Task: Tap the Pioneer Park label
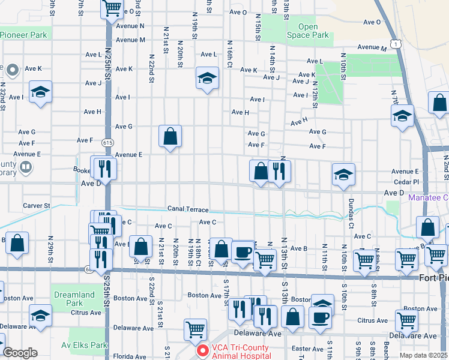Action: [x=23, y=35]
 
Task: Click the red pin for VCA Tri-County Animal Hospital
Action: [x=203, y=350]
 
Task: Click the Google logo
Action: [x=20, y=353]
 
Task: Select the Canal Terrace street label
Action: [x=188, y=210]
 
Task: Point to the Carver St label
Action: [x=36, y=206]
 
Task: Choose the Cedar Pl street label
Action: [x=406, y=181]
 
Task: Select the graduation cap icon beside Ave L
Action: [x=207, y=78]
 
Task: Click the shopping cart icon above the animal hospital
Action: [x=195, y=329]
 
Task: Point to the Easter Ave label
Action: [x=307, y=349]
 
